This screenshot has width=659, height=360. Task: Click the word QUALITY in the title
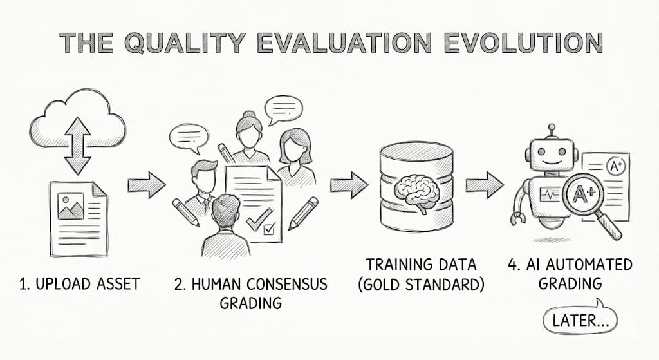185,43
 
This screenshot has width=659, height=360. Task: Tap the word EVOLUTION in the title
524,43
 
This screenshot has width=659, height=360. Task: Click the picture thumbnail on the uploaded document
71,205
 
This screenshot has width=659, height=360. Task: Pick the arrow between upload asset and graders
147,185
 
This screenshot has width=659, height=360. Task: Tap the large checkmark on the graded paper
259,219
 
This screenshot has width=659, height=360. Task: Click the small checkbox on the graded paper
269,229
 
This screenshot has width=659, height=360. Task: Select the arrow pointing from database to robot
485,185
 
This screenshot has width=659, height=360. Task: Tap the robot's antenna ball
552,127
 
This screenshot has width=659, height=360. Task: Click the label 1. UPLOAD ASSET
79,284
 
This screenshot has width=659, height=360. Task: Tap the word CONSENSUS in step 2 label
286,284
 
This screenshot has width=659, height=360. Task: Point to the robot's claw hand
517,219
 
